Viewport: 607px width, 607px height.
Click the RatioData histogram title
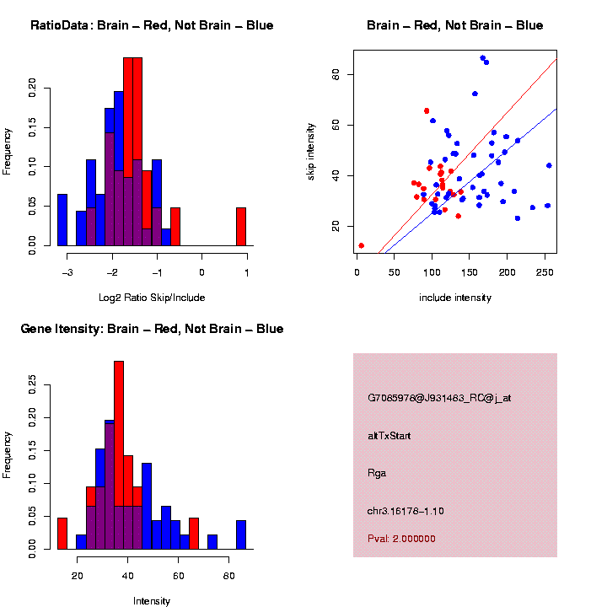click(x=152, y=25)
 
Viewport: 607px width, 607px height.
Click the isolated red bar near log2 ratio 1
click(x=240, y=227)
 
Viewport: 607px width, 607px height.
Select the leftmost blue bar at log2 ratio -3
click(x=62, y=220)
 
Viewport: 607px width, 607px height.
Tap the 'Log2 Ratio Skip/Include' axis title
click(x=152, y=297)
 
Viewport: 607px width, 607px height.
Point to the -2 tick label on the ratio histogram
click(x=112, y=271)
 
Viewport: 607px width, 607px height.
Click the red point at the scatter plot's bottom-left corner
click(x=361, y=245)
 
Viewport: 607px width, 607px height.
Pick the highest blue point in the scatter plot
click(x=482, y=58)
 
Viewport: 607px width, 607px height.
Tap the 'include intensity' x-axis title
click(x=455, y=297)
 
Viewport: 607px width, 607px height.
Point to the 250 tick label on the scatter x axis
click(x=545, y=271)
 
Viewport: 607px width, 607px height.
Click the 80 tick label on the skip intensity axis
click(x=335, y=74)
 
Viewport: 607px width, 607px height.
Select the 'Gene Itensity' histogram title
click(x=152, y=328)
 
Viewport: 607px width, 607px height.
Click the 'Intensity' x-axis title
click(x=152, y=600)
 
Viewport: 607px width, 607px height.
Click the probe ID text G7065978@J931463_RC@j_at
click(x=439, y=397)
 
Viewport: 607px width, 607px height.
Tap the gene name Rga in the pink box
click(x=377, y=473)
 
